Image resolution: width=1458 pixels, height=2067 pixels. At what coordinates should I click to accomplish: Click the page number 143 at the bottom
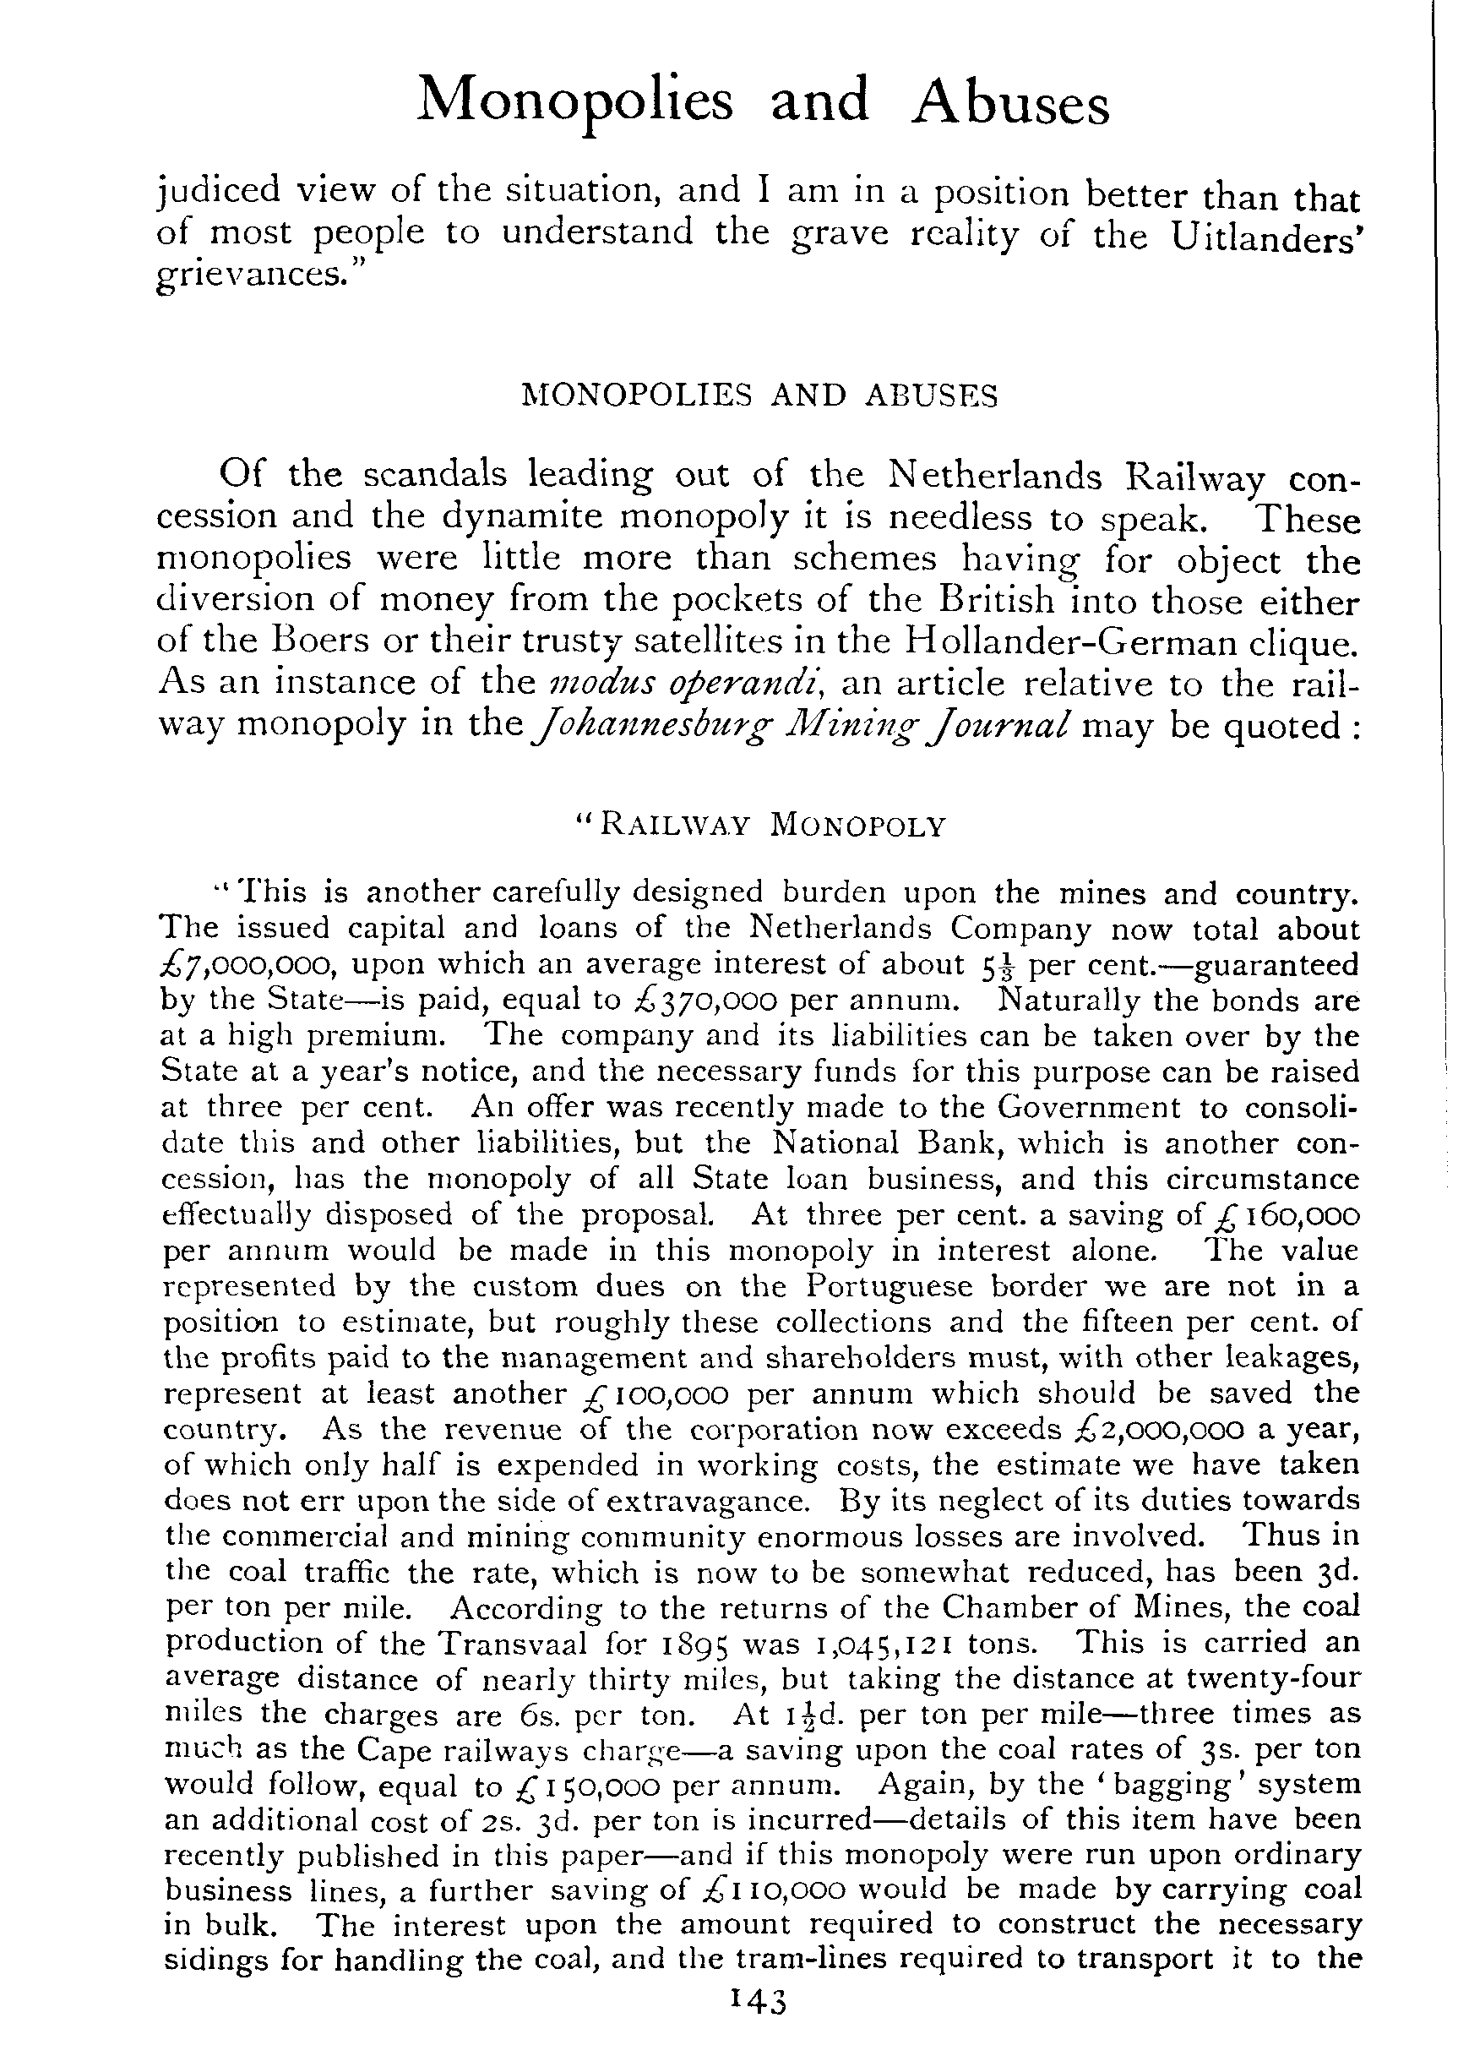(759, 2021)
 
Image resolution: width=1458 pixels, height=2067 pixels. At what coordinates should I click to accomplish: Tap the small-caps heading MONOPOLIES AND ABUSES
(759, 396)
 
